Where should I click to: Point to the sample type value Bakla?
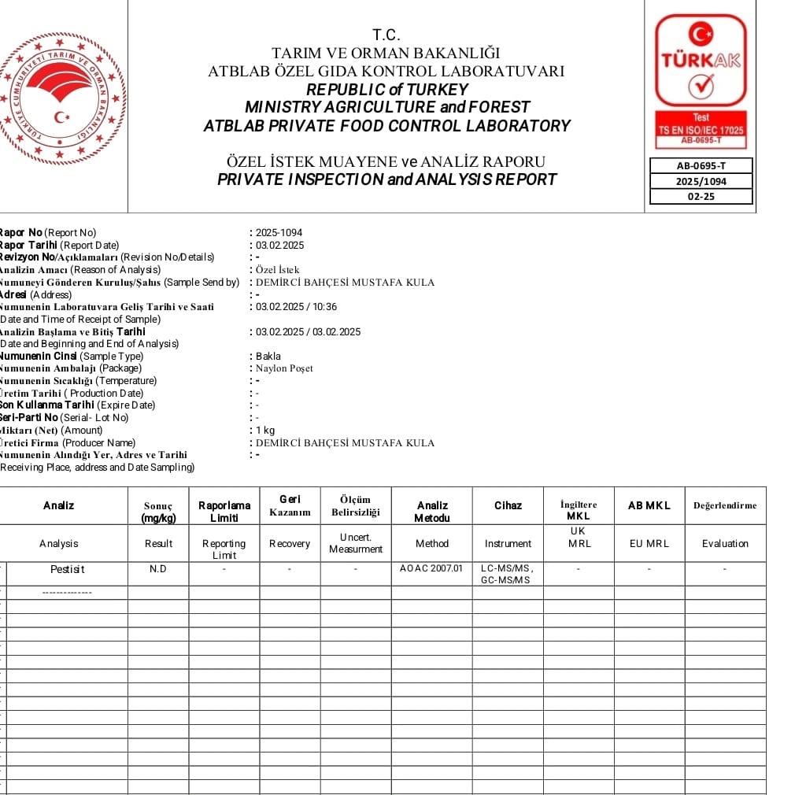pyautogui.click(x=268, y=356)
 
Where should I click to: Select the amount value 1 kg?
pyautogui.click(x=265, y=430)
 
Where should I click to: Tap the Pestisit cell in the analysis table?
pyautogui.click(x=67, y=568)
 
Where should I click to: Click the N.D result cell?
pyautogui.click(x=158, y=568)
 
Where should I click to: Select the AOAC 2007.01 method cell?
pyautogui.click(x=431, y=568)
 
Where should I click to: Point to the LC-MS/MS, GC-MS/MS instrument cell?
pyautogui.click(x=506, y=574)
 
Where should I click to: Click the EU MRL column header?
pyautogui.click(x=649, y=543)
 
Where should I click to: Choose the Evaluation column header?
pyautogui.click(x=725, y=543)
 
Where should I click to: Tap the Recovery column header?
pyautogui.click(x=290, y=543)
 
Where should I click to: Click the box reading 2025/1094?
pyautogui.click(x=701, y=181)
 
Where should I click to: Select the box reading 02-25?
pyautogui.click(x=701, y=196)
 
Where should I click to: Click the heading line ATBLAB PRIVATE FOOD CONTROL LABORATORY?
pyautogui.click(x=386, y=126)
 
